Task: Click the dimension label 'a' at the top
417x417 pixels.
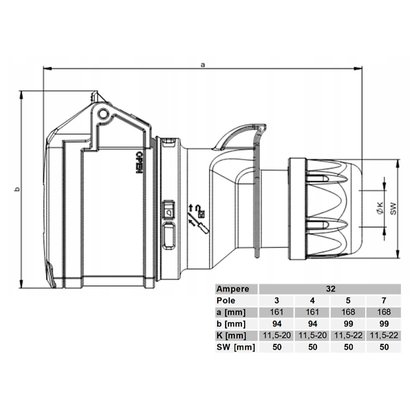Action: pos(203,65)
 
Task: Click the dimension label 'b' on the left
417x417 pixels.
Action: pos(17,189)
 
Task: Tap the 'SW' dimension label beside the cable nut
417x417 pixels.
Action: pos(393,208)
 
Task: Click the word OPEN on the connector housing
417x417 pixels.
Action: pos(138,162)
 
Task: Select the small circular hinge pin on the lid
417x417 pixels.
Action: pos(103,114)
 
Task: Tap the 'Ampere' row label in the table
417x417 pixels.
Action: pos(233,289)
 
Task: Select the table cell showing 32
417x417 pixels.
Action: pos(331,289)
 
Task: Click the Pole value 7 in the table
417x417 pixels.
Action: pos(384,301)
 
